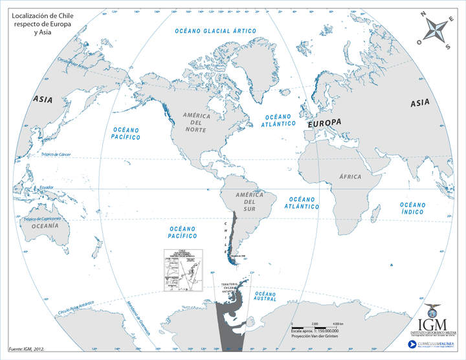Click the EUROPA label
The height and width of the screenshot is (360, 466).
coord(324,122)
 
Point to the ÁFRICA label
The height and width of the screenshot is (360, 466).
coord(350,175)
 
